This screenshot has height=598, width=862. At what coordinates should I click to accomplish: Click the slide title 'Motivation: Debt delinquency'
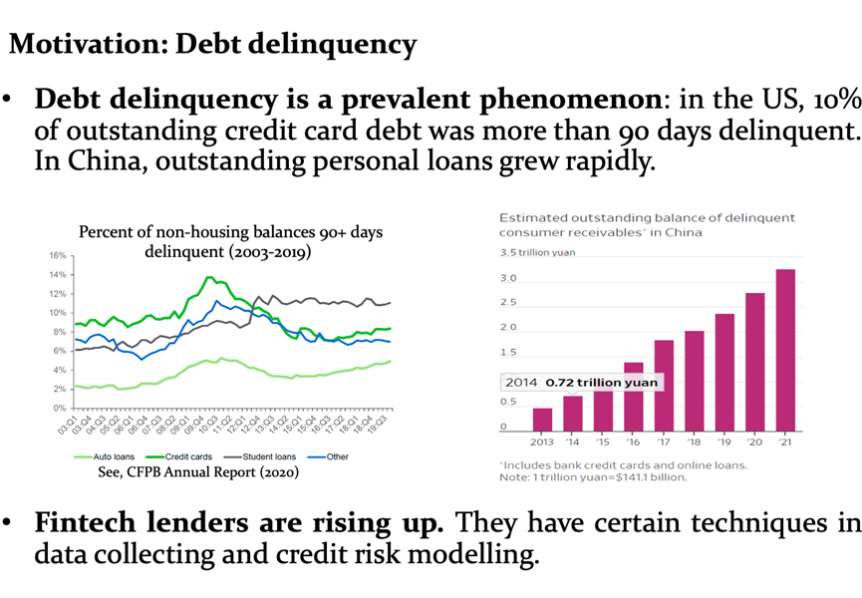(x=211, y=44)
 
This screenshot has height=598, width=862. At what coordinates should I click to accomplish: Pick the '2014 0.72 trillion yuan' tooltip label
(x=579, y=383)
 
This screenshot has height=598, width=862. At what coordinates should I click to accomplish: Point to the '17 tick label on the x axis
(x=664, y=443)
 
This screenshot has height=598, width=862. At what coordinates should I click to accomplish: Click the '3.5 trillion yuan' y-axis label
(x=537, y=252)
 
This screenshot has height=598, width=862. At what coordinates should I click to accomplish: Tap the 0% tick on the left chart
(x=59, y=409)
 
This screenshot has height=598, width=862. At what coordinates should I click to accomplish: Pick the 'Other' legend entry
(x=330, y=456)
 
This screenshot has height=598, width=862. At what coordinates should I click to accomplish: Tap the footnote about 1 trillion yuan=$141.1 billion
(x=593, y=477)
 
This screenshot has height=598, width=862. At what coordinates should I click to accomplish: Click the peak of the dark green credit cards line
(x=208, y=278)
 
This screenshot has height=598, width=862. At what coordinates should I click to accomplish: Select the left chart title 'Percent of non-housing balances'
(x=230, y=232)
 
